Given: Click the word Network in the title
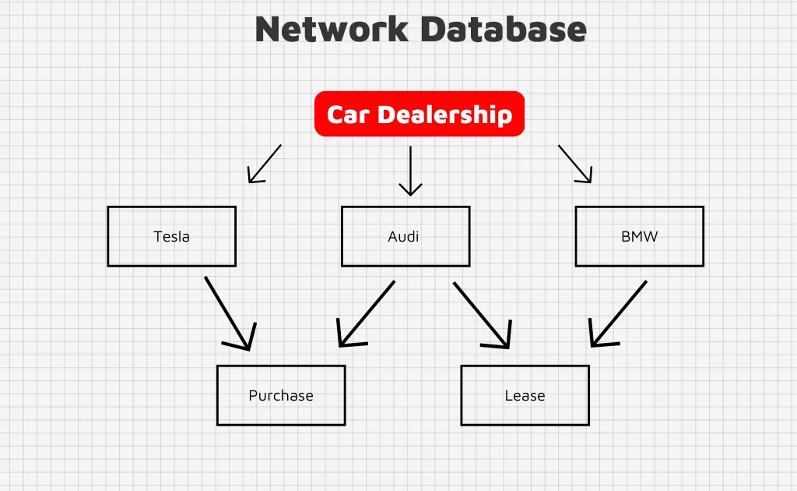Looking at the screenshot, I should pos(331,30).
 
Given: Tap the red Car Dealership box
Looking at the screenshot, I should pos(420,114).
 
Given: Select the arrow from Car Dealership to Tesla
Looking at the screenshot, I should pos(265,163).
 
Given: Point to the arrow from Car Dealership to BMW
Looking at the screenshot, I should pos(574,163).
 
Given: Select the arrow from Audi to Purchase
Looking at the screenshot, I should pos(367,313).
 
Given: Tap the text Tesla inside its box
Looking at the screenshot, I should pos(171,236).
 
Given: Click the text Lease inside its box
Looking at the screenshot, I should pos(525,395).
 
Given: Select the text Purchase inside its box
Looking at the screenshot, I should pos(281,396).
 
